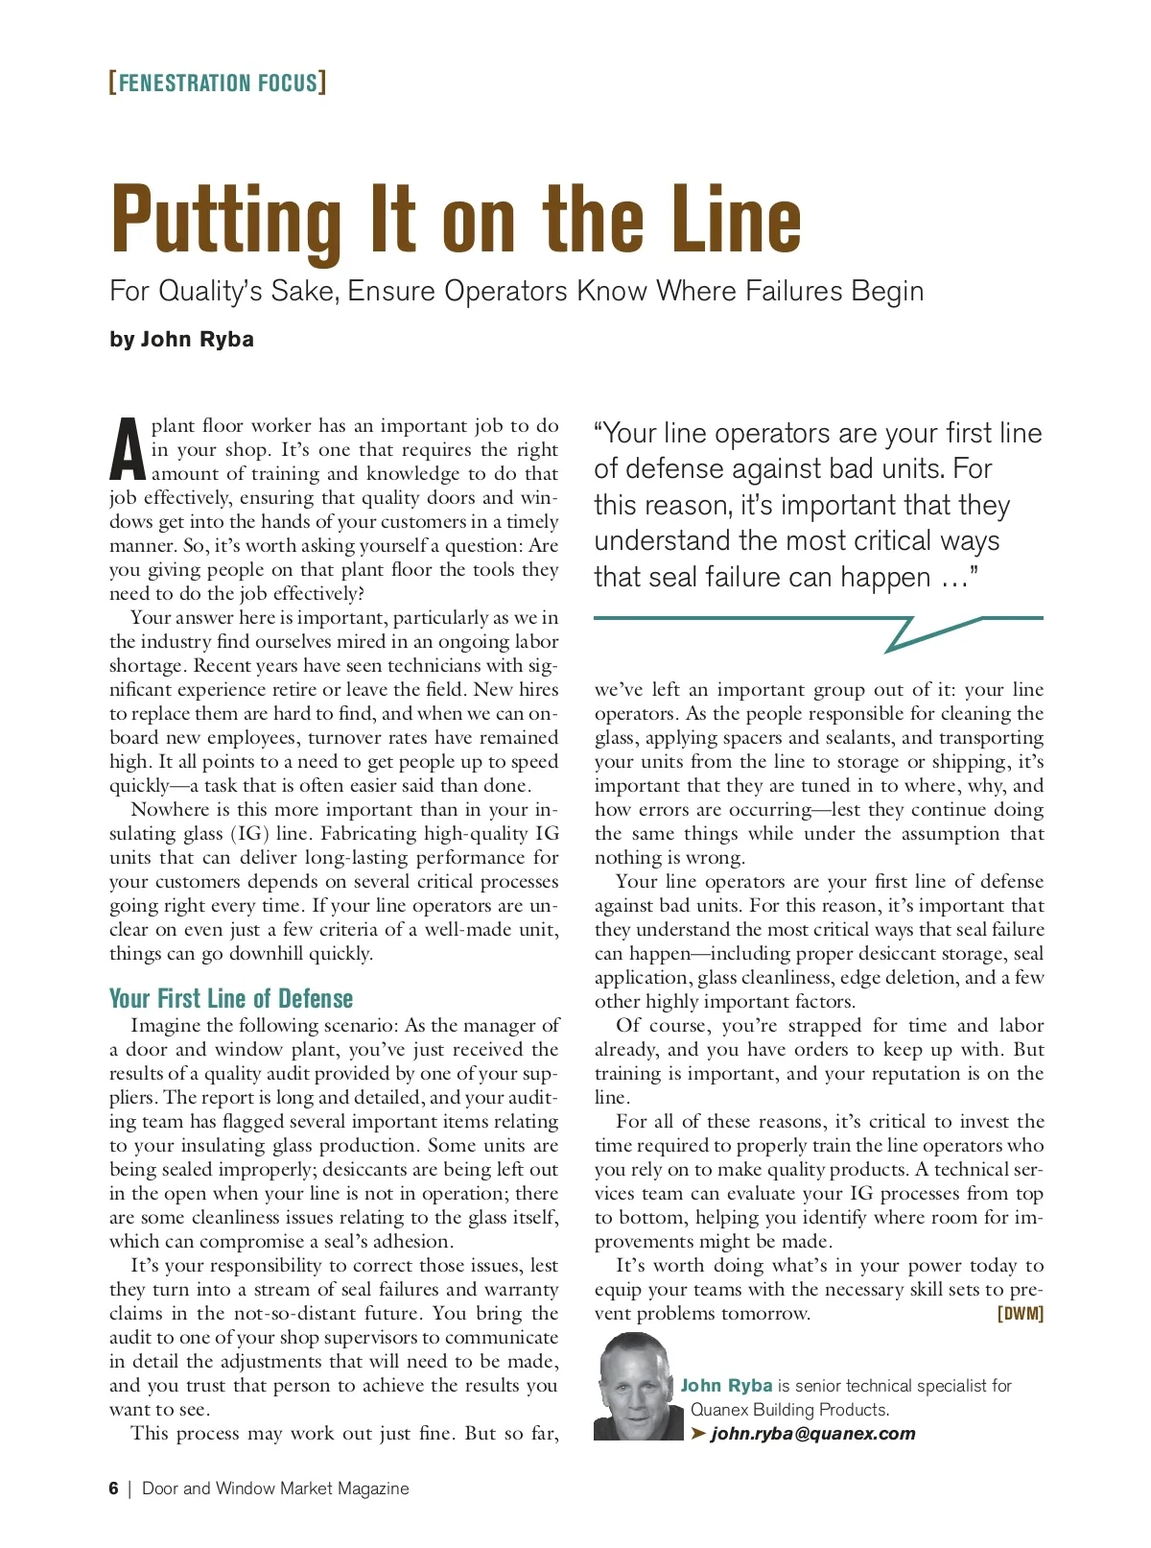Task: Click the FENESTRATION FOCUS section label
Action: tap(218, 83)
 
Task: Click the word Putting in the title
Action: tap(226, 220)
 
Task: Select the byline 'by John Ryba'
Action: tap(181, 339)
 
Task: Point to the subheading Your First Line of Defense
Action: tap(231, 998)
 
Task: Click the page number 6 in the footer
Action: tap(114, 1488)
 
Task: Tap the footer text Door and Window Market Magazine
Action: tap(275, 1488)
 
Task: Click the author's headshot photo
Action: tap(634, 1387)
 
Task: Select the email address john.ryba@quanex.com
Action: tap(812, 1434)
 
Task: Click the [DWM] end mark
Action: tap(1021, 1314)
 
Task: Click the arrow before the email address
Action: tap(698, 1434)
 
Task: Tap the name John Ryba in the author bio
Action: tap(726, 1386)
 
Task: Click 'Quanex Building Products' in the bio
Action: tap(788, 1410)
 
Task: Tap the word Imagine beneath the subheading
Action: tap(167, 1026)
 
